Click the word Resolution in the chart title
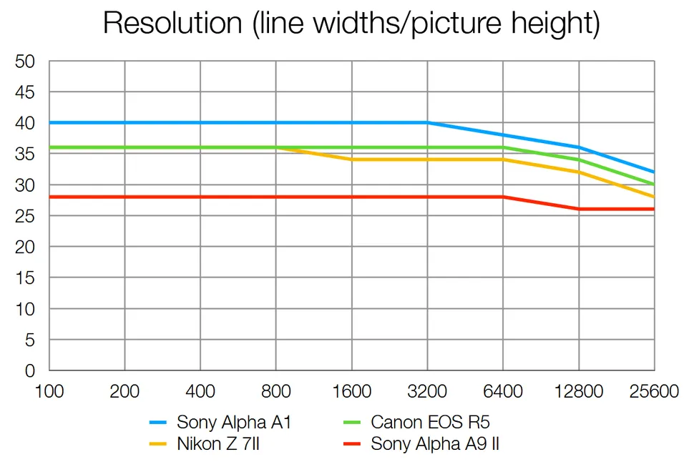click(165, 24)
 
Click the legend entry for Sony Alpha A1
click(234, 422)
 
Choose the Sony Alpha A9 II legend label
click(434, 444)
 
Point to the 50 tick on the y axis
click(25, 62)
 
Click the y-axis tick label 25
click(25, 216)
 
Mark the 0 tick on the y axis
click(30, 370)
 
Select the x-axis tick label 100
click(49, 392)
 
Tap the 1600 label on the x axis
click(352, 392)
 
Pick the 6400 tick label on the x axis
click(503, 392)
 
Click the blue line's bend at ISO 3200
click(427, 122)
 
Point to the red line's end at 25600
click(654, 209)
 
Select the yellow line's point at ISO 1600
click(352, 159)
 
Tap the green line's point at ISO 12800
click(579, 159)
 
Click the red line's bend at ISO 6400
click(503, 197)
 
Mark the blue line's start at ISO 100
click(49, 122)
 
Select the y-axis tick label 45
click(25, 92)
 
